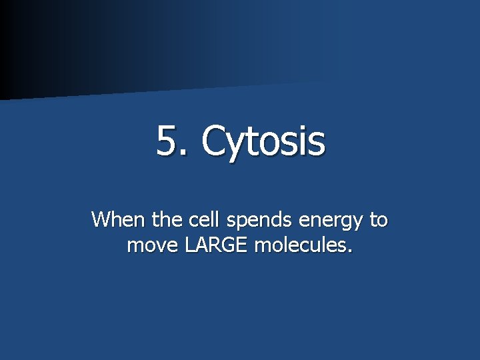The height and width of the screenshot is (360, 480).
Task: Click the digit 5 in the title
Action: (167, 141)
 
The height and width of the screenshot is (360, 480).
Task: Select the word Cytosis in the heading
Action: (263, 143)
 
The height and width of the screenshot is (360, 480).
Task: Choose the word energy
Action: (331, 221)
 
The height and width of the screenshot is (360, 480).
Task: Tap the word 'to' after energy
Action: (379, 219)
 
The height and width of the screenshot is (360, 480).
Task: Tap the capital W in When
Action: (101, 219)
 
